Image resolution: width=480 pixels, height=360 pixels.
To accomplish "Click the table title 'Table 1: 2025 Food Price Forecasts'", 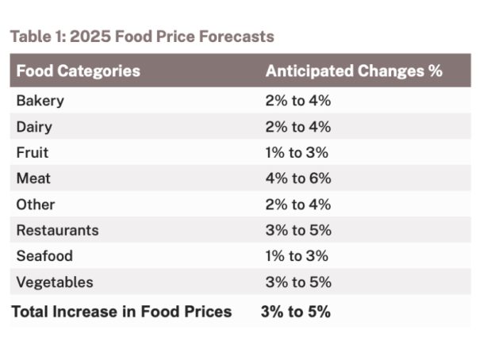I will click(142, 36).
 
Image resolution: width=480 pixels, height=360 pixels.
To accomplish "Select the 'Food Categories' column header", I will click(78, 71).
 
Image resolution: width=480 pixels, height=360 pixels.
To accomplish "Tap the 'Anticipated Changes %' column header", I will click(354, 71).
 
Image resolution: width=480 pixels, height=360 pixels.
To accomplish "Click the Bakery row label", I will click(40, 101).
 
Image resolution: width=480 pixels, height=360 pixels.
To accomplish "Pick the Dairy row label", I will click(35, 127).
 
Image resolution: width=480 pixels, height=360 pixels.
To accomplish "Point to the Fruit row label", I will click(33, 152).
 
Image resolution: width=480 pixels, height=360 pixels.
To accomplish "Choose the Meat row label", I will click(33, 178).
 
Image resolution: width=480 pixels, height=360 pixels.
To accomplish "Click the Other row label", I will click(36, 205).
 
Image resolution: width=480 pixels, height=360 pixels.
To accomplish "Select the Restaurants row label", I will click(57, 230).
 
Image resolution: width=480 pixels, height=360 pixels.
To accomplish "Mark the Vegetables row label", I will click(54, 282).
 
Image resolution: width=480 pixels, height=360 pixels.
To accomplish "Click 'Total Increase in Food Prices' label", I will click(121, 312).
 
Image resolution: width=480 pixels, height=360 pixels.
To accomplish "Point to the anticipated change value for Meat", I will click(298, 178).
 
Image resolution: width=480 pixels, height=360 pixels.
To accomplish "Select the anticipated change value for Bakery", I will click(298, 101).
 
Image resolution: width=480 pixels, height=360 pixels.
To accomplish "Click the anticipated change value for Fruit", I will click(297, 152).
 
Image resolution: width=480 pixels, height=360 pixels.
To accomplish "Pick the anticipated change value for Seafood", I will click(297, 256).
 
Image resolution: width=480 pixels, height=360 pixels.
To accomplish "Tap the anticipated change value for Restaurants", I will click(298, 230).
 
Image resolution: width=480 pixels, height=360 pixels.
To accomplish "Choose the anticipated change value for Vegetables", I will click(298, 282).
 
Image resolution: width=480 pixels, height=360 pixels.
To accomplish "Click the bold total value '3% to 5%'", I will click(295, 312).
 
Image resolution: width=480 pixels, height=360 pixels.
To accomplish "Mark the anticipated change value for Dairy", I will click(298, 127).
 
